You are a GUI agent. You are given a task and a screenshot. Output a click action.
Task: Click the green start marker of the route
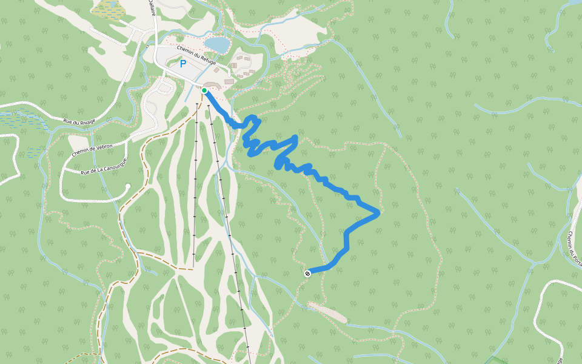tap(205, 90)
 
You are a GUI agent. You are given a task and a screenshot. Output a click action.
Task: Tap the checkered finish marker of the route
tap(307, 273)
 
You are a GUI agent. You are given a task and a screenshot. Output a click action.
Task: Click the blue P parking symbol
tap(182, 63)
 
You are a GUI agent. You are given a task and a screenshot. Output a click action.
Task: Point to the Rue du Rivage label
tap(79, 121)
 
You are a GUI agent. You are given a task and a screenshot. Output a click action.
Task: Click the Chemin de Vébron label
tap(92, 147)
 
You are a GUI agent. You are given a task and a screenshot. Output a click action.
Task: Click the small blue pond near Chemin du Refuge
tap(218, 45)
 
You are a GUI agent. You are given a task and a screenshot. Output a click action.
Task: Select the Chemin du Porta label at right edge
tap(574, 246)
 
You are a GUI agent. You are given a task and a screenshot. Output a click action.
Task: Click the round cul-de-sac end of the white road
tap(128, 186)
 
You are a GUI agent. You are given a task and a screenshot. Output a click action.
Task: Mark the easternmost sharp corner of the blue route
tap(379, 212)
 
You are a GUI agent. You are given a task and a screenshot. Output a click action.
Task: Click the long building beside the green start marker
tap(212, 85)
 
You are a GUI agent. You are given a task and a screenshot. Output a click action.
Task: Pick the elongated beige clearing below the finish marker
tap(327, 312)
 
